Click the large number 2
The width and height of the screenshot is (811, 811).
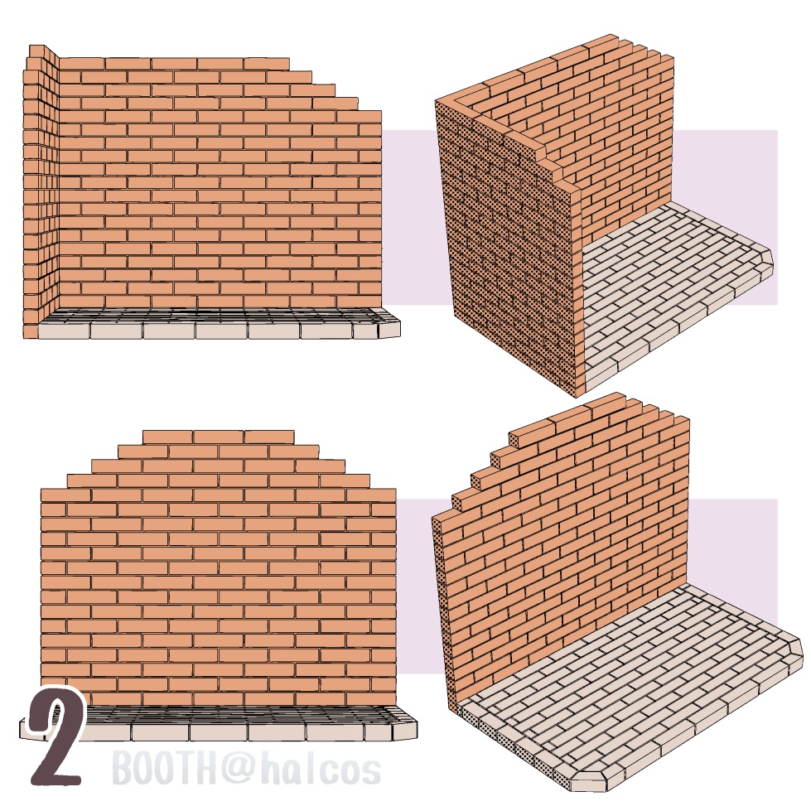point(56,736)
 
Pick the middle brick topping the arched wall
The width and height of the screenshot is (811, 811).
point(219,437)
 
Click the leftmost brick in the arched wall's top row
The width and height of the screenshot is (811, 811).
point(168,437)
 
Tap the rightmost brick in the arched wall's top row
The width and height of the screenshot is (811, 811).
point(269,437)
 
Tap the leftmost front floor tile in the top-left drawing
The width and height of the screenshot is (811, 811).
point(64,331)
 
